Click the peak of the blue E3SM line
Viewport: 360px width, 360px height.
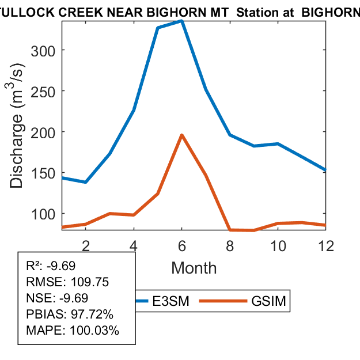181,21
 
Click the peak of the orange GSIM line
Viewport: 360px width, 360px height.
181,135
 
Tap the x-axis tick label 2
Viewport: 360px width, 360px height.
85,245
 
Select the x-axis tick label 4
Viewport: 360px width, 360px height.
134,245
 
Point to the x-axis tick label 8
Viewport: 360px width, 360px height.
230,245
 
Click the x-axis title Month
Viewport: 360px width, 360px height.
194,268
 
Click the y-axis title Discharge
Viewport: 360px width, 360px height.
17,151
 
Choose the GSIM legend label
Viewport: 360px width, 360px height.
269,301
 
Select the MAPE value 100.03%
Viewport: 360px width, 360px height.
94,331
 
